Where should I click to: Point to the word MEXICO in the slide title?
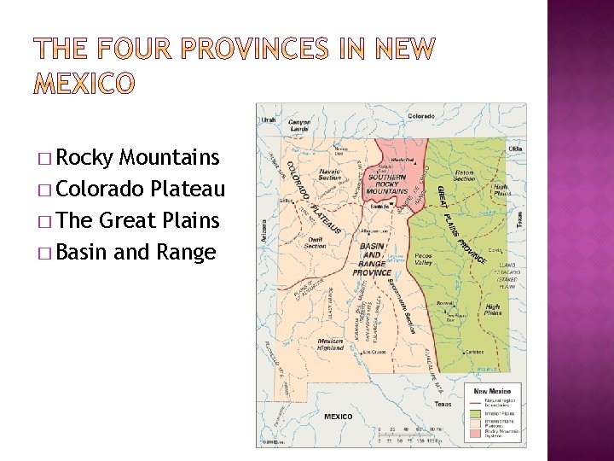coord(83,83)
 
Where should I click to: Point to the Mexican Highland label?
coord(330,344)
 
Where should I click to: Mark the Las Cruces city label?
coord(376,352)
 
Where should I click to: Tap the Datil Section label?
coord(316,243)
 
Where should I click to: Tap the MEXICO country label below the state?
coord(338,417)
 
